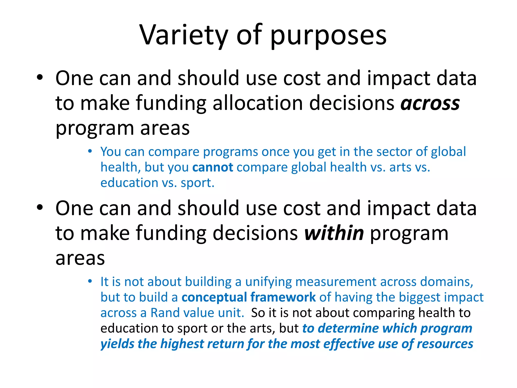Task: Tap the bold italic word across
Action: coord(430,104)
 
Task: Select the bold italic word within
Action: coord(334,233)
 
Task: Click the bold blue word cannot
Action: coord(213,167)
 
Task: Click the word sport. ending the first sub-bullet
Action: coord(197,183)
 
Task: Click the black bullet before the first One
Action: coord(40,77)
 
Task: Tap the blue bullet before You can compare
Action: coord(90,151)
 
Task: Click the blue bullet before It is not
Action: coord(90,281)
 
